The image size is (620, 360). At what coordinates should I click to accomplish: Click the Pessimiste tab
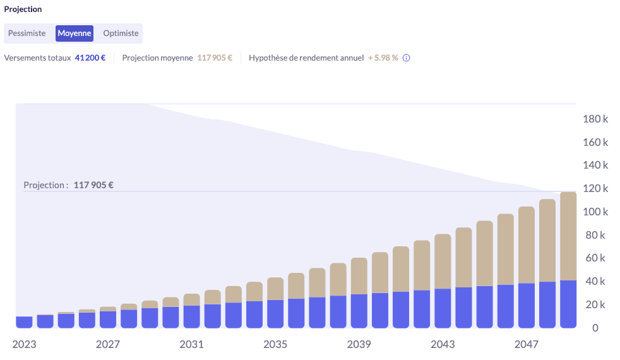point(27,33)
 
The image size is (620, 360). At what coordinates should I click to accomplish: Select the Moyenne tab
point(75,33)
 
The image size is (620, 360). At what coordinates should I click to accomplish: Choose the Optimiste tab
point(121,33)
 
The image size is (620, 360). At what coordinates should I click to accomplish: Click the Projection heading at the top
point(23,9)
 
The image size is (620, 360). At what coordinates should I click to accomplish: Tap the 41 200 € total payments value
point(90,58)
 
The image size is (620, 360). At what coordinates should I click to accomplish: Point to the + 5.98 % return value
point(383,58)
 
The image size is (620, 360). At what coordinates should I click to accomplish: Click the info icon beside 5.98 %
point(407,58)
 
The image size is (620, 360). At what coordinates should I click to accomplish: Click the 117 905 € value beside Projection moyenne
point(215,58)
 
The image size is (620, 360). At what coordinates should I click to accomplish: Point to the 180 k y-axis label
point(595,119)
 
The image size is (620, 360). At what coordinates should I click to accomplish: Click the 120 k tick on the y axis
point(595,188)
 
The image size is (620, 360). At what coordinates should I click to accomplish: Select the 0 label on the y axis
point(595,328)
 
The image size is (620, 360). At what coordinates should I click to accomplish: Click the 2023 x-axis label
point(24,344)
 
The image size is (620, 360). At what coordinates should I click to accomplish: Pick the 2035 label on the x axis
point(275,344)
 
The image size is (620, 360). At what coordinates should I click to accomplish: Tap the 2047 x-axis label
point(527,344)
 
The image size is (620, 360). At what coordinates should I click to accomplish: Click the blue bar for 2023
point(24,322)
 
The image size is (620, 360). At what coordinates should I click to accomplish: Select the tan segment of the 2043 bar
point(443,261)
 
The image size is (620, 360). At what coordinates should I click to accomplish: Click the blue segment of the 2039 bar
point(359,311)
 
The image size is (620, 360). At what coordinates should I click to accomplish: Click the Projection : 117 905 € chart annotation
point(68,186)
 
